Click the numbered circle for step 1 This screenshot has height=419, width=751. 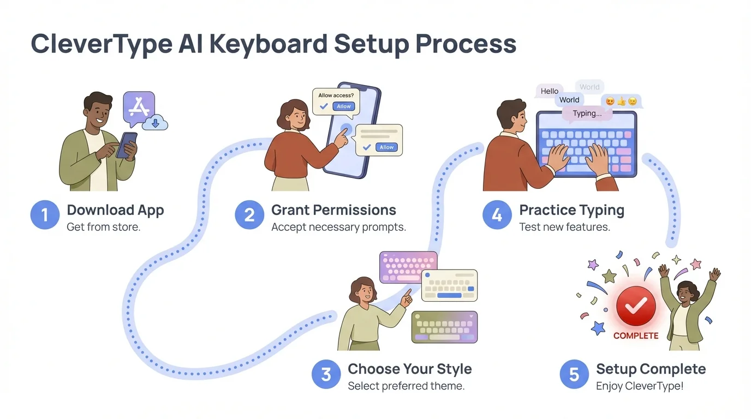(45, 215)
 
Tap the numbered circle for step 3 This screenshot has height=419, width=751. (326, 374)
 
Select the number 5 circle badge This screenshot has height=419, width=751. (574, 374)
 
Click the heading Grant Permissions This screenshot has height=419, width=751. (333, 210)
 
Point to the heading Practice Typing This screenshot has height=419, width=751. (571, 210)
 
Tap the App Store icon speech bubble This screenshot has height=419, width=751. (139, 107)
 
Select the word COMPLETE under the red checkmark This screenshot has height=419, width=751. (636, 336)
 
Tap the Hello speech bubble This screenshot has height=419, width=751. (550, 91)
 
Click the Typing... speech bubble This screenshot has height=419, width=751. (587, 113)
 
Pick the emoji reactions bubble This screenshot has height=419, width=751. (621, 101)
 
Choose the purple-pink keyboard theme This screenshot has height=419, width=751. (408, 267)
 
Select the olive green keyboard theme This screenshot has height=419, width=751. (444, 327)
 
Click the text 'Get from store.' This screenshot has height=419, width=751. (104, 227)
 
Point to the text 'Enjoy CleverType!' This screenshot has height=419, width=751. (640, 386)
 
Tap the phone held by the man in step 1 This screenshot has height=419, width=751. (127, 145)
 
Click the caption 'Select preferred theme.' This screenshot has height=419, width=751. (406, 386)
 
